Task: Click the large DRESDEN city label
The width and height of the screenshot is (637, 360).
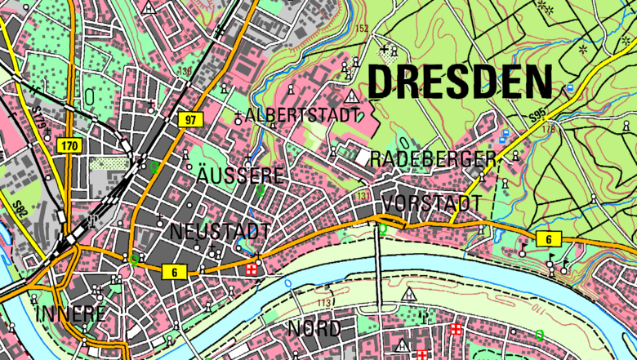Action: coord(460,82)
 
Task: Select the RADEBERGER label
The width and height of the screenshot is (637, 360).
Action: coord(433,158)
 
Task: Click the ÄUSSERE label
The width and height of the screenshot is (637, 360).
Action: coord(240,176)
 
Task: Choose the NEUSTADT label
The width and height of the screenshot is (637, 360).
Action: coord(220,232)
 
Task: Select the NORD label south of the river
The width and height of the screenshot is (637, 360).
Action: coord(314,329)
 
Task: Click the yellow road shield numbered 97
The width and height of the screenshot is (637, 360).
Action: coord(190,120)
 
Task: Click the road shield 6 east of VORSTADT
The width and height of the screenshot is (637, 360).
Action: coord(549,238)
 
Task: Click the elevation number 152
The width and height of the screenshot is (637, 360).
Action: coord(363,29)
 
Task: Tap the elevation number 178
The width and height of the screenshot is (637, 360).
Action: coord(546,128)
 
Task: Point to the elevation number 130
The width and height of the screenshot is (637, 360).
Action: coord(186,71)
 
